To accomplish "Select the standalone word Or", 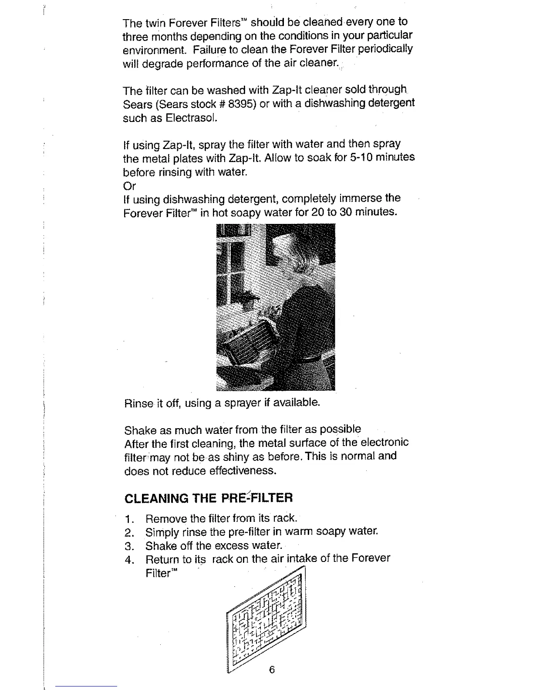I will pos(129,186).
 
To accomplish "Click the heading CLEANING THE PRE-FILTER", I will pos(209,498).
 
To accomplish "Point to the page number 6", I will pos(272,670).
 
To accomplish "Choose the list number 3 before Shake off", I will pos(128,546).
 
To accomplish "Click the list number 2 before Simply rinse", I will pos(128,533).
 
